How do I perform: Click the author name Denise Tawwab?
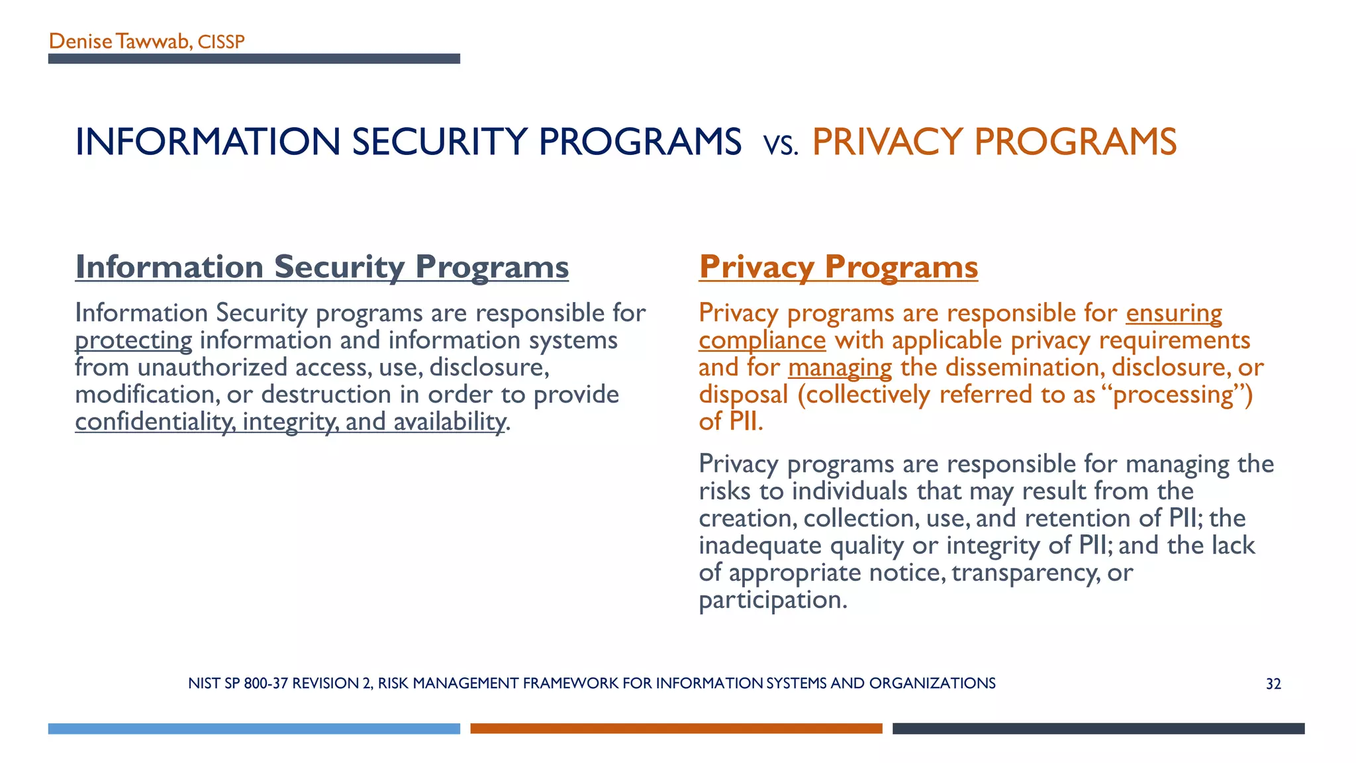119,42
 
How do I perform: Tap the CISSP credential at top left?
221,42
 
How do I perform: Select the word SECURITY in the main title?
440,142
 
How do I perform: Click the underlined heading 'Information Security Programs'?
322,267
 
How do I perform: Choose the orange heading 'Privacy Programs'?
838,267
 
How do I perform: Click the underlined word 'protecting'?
133,340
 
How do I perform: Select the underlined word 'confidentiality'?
154,422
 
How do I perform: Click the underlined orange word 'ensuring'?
1174,313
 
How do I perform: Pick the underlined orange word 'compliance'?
762,340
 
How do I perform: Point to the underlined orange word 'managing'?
840,368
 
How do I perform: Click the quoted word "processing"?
1173,395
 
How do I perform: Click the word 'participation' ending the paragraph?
772,600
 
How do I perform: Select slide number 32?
1273,684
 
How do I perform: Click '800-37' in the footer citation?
266,684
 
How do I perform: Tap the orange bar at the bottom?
676,729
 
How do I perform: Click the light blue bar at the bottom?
254,729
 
